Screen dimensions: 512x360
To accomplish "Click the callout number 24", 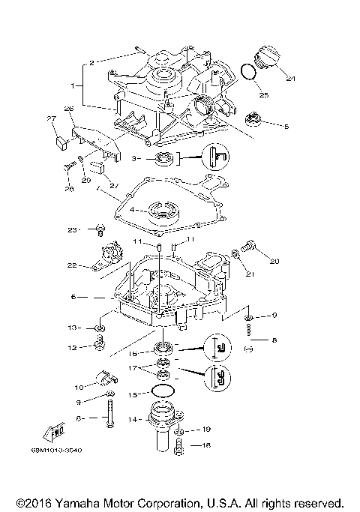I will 291,79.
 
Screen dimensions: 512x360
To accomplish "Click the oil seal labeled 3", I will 163,158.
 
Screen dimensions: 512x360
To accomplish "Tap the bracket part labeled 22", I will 106,259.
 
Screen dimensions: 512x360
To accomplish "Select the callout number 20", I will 274,262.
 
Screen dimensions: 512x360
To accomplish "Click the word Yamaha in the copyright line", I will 85,502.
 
